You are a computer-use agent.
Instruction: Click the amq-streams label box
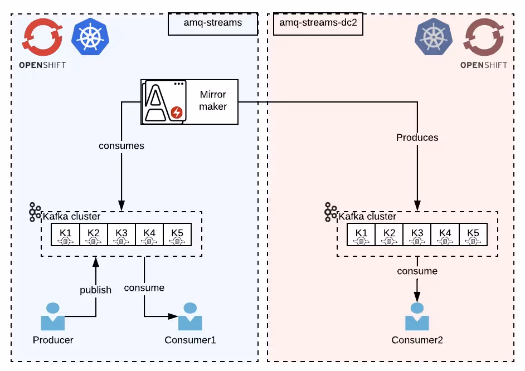pyautogui.click(x=212, y=24)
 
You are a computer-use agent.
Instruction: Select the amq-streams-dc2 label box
pyautogui.click(x=318, y=24)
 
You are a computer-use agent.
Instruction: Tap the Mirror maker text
pyautogui.click(x=213, y=100)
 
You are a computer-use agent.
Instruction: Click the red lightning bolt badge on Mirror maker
pyautogui.click(x=177, y=113)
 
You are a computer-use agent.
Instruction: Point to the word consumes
pyautogui.click(x=121, y=146)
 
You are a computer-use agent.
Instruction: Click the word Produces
pyautogui.click(x=417, y=137)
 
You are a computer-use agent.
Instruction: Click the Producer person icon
pyautogui.click(x=53, y=317)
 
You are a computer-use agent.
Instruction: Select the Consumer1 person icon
pyautogui.click(x=190, y=317)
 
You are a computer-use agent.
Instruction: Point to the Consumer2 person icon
pyautogui.click(x=417, y=317)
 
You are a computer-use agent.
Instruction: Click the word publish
pyautogui.click(x=95, y=290)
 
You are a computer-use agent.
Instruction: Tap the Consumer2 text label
pyautogui.click(x=417, y=340)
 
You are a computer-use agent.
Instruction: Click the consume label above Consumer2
pyautogui.click(x=417, y=271)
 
